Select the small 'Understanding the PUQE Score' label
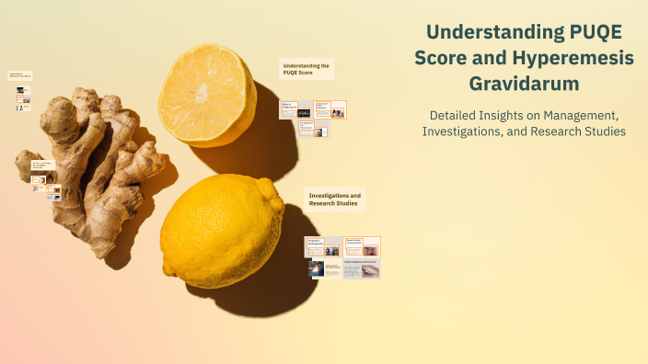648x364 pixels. [x=306, y=70]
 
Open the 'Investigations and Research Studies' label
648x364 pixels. [x=335, y=199]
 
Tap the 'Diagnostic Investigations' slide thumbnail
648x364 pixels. [x=323, y=246]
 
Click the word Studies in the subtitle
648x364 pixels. [x=606, y=131]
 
